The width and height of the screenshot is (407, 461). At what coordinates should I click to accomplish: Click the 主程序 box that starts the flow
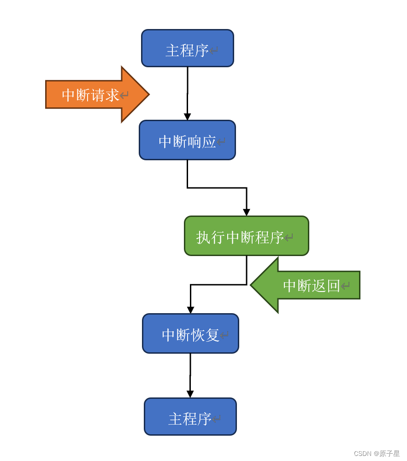tap(187, 48)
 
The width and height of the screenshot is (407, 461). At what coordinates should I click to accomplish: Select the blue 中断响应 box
tap(187, 140)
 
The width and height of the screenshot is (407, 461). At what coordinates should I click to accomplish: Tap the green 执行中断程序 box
tap(246, 236)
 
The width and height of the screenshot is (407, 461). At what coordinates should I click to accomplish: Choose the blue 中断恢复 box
tap(190, 333)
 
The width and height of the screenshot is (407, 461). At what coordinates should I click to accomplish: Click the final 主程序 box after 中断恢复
tap(190, 417)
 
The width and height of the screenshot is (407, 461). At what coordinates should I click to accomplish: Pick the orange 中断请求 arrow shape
tap(92, 95)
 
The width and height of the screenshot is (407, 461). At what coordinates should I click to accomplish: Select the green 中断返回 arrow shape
tap(309, 285)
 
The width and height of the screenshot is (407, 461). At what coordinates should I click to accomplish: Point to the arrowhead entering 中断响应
tap(187, 117)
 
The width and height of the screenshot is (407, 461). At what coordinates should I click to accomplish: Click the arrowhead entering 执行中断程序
tap(247, 212)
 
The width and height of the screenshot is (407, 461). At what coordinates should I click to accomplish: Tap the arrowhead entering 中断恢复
tap(190, 310)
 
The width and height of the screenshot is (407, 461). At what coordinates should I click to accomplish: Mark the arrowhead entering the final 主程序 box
tap(190, 394)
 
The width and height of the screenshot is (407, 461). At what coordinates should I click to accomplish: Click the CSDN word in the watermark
tap(362, 454)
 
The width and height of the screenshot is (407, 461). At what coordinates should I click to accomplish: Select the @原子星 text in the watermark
tap(387, 454)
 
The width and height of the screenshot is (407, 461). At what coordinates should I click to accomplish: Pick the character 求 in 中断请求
tap(112, 95)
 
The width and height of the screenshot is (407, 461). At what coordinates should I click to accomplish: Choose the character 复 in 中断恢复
tap(212, 335)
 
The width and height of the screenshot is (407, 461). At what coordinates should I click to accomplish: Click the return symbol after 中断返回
tap(345, 286)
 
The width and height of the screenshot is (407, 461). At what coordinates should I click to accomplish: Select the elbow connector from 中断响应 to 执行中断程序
tap(217, 188)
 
